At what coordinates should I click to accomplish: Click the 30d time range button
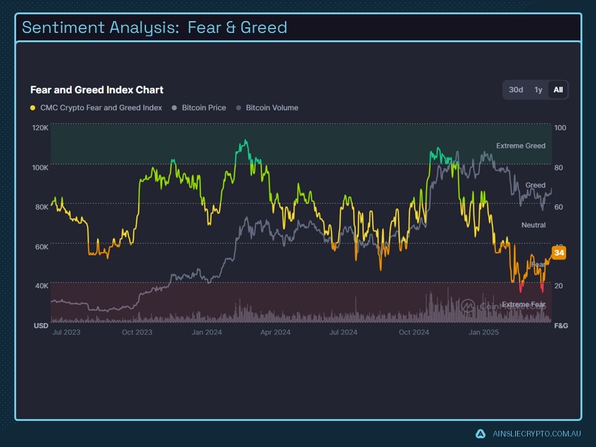(x=516, y=90)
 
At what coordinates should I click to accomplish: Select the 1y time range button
(x=538, y=90)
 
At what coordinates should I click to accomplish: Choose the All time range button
(x=558, y=90)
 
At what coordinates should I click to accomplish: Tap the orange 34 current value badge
(x=559, y=253)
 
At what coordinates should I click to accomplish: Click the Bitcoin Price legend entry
(x=204, y=108)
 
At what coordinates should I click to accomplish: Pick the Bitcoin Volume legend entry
(x=271, y=108)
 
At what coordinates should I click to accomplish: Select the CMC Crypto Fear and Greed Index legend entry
(x=101, y=108)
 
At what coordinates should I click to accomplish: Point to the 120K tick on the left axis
(x=40, y=128)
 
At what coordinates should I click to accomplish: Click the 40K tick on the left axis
(x=41, y=286)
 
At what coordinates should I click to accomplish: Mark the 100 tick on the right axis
(x=560, y=128)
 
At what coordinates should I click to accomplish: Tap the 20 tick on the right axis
(x=559, y=286)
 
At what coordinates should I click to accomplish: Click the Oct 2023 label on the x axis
(x=137, y=333)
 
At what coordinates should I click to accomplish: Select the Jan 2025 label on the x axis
(x=483, y=333)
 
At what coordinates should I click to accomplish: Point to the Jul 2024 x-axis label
(x=343, y=333)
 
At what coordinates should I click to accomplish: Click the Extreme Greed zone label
(x=520, y=146)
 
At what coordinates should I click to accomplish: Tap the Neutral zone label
(x=533, y=225)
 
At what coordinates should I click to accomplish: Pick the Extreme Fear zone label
(x=523, y=305)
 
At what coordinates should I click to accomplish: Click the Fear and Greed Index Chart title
(x=97, y=90)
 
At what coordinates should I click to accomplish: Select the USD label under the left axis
(x=41, y=326)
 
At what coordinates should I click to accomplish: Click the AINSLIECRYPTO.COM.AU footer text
(x=536, y=434)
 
